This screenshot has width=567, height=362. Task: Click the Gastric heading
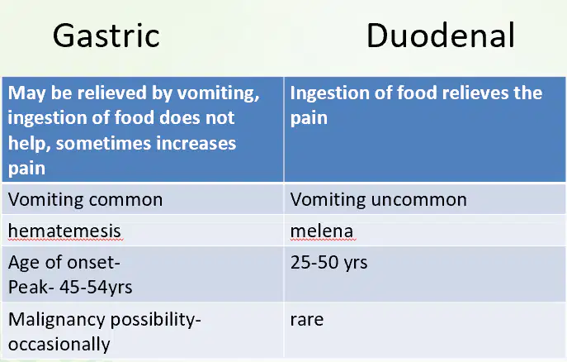[x=106, y=36]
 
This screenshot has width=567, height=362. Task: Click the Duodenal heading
[x=441, y=35]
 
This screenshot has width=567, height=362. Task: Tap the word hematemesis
[x=64, y=231]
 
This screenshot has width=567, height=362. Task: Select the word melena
[x=322, y=231]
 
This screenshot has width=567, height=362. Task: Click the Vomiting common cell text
[x=85, y=199]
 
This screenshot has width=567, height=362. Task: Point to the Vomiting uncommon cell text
[x=379, y=199]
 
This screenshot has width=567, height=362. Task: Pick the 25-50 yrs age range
[x=328, y=263]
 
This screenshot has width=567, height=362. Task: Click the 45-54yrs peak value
[x=96, y=288]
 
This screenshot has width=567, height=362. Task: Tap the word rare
[x=307, y=320]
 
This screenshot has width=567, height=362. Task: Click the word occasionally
[x=59, y=345]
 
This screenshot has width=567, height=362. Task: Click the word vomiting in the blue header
[x=219, y=93]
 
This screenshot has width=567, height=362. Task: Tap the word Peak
[x=28, y=288]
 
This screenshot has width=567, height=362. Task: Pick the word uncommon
[x=419, y=200]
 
